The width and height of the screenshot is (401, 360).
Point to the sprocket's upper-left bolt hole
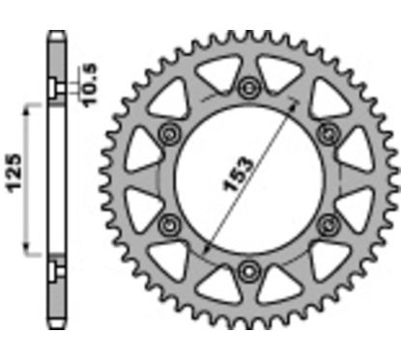coord(171,133)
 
